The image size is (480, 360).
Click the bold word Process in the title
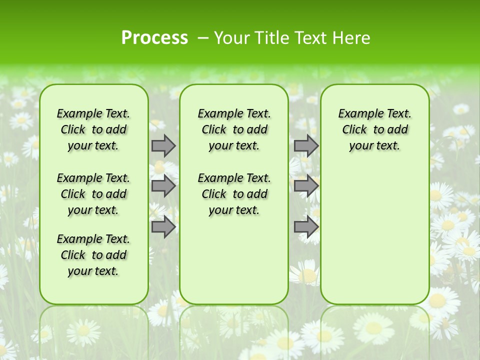coord(154,38)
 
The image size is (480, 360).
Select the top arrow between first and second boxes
coord(163,145)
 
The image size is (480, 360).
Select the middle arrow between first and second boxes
coord(163,186)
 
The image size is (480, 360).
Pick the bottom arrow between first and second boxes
coord(163,226)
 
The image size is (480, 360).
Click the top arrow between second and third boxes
coord(306,145)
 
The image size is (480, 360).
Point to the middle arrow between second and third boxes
coord(306,186)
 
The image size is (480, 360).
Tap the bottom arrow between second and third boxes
coord(306,226)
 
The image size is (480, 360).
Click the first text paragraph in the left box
coord(93,129)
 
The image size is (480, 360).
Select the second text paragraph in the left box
coord(93,194)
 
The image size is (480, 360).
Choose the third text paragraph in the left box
coord(93,255)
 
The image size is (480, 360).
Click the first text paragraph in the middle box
coord(234,129)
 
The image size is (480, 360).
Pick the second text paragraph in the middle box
coord(234,194)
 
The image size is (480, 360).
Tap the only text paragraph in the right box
coord(374,129)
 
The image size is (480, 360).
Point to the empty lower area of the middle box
coord(234,260)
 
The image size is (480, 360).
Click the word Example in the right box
coord(357,114)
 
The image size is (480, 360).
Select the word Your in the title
coord(231,38)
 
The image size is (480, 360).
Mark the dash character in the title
coord(203,38)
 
